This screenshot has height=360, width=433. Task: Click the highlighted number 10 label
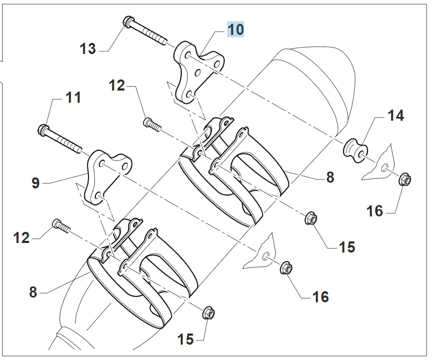236,29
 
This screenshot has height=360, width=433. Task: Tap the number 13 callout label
87,49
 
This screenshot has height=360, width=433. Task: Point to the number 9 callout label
36,183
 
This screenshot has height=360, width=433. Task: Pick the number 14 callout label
395,115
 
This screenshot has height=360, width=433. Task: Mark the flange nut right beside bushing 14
404,179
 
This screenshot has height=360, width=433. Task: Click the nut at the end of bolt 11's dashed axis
286,268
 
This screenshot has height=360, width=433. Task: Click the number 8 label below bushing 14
330,177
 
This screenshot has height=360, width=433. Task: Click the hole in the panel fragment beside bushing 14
384,168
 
